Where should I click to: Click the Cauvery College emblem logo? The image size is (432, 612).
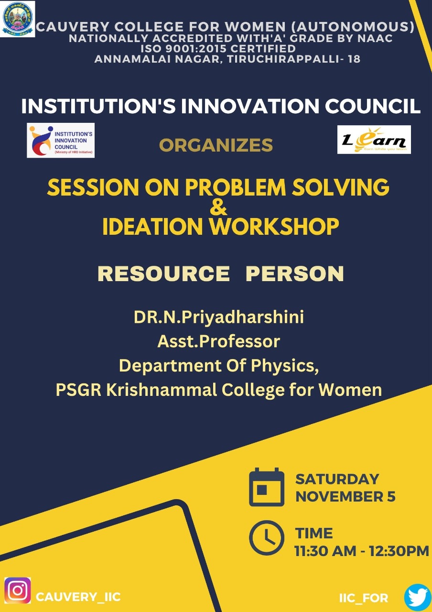click(x=18, y=19)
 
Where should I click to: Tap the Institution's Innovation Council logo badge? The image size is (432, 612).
click(x=61, y=140)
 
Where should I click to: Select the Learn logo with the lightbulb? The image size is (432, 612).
click(x=374, y=140)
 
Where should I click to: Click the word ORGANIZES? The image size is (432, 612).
click(x=216, y=145)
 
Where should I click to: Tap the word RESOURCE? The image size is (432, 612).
click(x=163, y=273)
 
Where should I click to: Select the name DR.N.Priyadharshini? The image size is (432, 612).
click(x=219, y=317)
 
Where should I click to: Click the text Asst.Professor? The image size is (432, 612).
click(x=219, y=341)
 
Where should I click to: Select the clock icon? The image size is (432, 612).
click(x=267, y=538)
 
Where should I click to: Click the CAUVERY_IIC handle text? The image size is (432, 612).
click(x=78, y=597)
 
